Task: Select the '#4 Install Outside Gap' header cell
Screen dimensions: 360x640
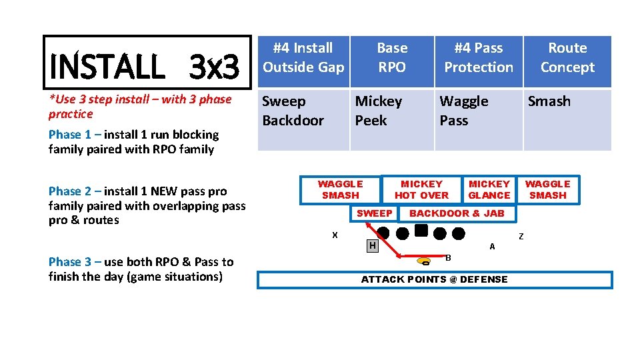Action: coord(303,58)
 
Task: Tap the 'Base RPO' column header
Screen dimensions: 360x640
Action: coord(392,58)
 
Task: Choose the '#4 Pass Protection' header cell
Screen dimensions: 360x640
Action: coord(479,58)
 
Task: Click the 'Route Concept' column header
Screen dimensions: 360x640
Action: coord(567,58)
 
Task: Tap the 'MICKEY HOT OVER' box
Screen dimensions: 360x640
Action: coord(421,189)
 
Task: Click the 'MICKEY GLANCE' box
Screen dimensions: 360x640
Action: coord(489,189)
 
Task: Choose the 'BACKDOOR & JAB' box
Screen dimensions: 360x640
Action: coord(457,213)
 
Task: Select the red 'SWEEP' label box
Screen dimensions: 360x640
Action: coord(375,213)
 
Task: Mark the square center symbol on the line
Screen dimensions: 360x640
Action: coord(421,231)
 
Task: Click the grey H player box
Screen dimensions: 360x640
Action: coord(373,246)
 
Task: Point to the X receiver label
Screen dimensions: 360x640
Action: coord(335,235)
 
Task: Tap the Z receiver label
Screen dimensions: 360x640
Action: coord(521,237)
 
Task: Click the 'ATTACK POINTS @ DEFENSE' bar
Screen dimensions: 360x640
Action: coord(435,279)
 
